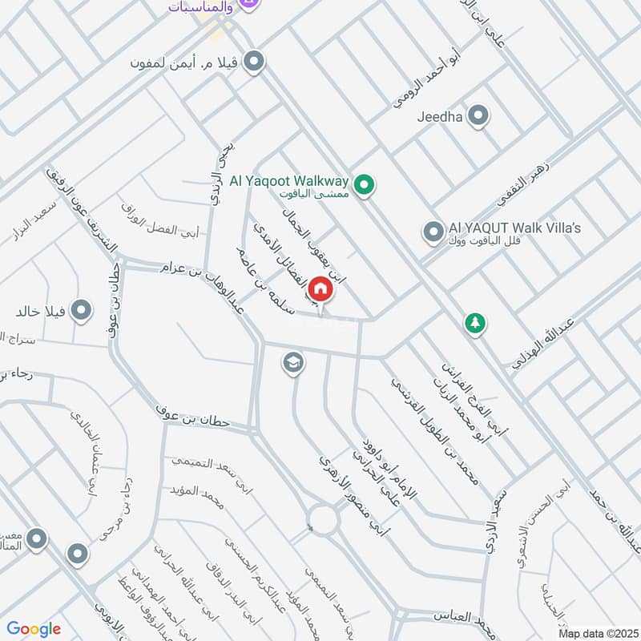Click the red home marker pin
pyautogui.click(x=320, y=288)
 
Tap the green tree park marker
pyautogui.click(x=474, y=324)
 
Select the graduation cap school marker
pyautogui.click(x=293, y=364)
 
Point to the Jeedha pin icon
pyautogui.click(x=478, y=116)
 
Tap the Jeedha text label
pyautogui.click(x=441, y=116)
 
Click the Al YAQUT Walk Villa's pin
pyautogui.click(x=433, y=232)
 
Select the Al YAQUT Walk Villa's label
pyautogui.click(x=514, y=228)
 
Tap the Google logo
pyautogui.click(x=34, y=629)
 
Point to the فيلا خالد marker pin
pyautogui.click(x=81, y=310)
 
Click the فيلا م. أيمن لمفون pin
pyautogui.click(x=255, y=61)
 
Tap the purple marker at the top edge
pyautogui.click(x=248, y=5)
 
